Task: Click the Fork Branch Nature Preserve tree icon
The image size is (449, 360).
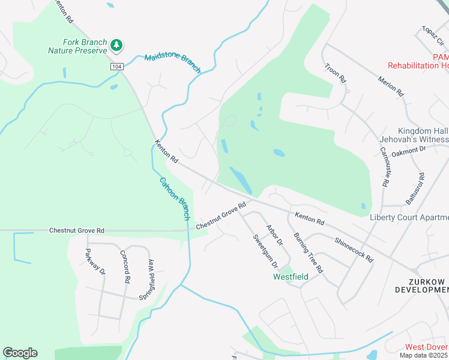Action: tap(116, 45)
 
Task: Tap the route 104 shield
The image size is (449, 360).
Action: tap(116, 67)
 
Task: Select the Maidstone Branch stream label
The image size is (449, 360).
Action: tap(172, 62)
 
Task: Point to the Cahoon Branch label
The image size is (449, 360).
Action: tap(175, 198)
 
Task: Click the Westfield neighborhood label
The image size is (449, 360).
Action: tap(291, 277)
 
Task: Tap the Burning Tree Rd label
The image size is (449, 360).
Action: tap(309, 253)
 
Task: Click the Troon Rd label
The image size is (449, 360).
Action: tap(335, 73)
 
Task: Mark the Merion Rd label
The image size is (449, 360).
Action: tap(390, 86)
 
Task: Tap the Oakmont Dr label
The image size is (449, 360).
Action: tap(408, 151)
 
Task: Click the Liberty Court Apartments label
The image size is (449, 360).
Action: tap(409, 217)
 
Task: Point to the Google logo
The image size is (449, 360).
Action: tap(20, 353)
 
